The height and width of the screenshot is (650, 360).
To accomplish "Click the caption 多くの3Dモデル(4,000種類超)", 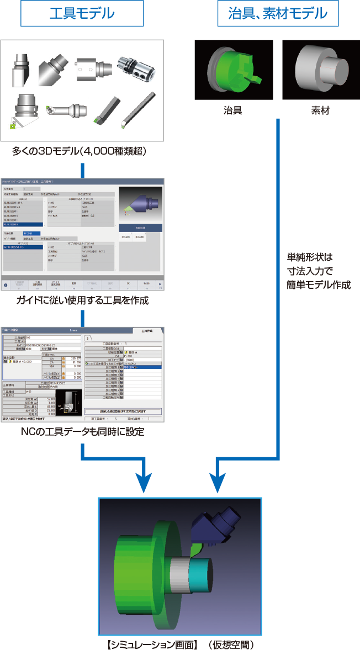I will (x=82, y=151).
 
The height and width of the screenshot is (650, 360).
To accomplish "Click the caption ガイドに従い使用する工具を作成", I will (x=82, y=301).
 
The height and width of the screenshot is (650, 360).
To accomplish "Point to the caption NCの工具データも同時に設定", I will (x=82, y=432).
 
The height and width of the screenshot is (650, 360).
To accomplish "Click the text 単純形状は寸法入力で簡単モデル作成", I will (x=319, y=271).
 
